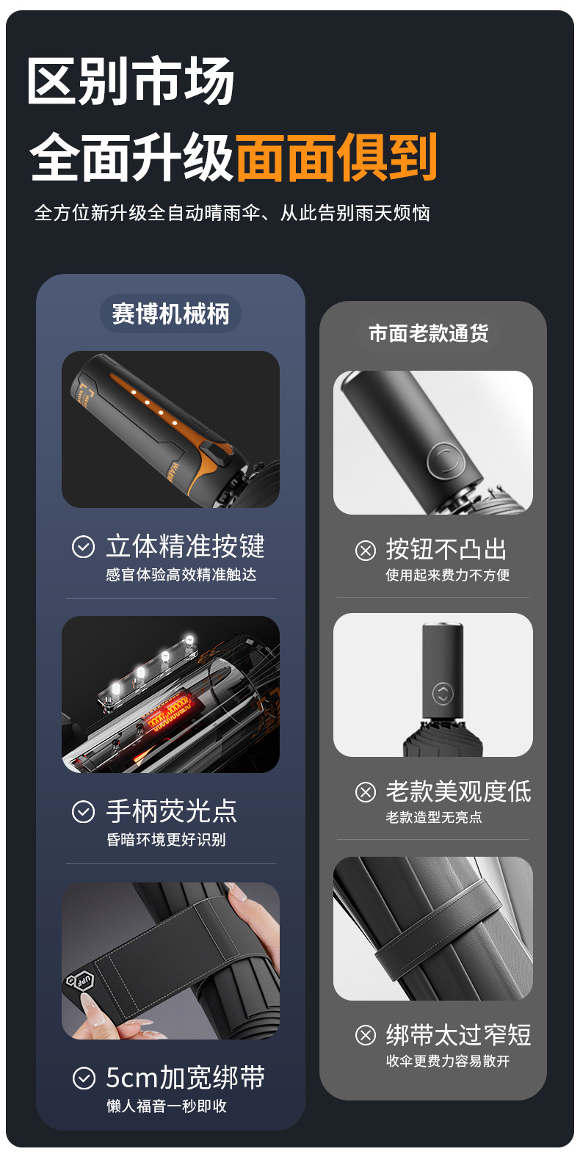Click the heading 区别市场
click(x=131, y=81)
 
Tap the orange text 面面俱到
click(x=337, y=157)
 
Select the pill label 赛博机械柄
click(x=170, y=313)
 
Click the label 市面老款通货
click(x=429, y=333)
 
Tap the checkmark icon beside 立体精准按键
click(x=83, y=546)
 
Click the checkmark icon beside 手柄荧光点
click(x=83, y=811)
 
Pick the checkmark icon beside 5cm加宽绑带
click(x=84, y=1078)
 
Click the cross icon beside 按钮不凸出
click(x=366, y=550)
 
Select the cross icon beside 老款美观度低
click(x=366, y=792)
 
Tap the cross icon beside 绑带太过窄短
click(x=366, y=1035)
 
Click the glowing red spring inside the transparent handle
click(x=168, y=709)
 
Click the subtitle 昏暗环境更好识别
click(x=167, y=839)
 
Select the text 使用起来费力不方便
click(x=447, y=574)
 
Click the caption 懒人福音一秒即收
click(x=167, y=1106)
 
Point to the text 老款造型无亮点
click(x=434, y=816)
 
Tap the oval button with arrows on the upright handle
click(x=442, y=694)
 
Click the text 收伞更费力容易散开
click(x=447, y=1060)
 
